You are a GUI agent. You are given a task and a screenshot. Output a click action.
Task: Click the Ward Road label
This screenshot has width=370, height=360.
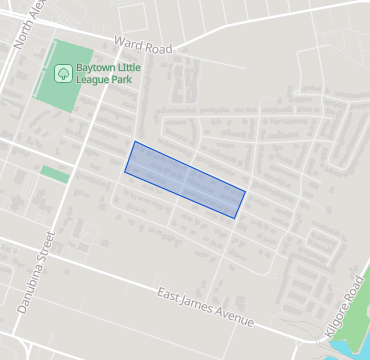[x=144, y=45]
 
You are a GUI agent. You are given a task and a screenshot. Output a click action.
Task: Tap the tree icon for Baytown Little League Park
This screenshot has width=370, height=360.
[x=63, y=72]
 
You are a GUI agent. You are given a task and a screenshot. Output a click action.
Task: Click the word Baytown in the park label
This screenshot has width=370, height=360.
[x=97, y=67]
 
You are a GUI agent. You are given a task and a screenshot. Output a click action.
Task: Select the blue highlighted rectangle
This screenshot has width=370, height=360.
[x=185, y=179]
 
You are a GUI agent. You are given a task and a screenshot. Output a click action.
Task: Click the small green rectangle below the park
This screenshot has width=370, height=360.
[x=55, y=174]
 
